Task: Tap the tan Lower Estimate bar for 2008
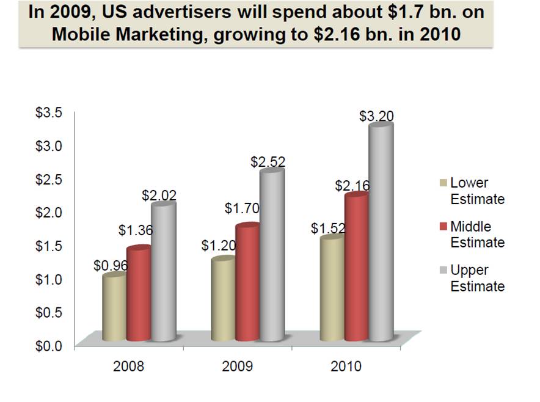click(x=114, y=309)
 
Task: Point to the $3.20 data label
click(x=376, y=116)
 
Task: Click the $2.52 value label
click(x=268, y=162)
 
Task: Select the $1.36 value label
click(x=135, y=230)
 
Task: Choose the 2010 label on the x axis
click(x=346, y=367)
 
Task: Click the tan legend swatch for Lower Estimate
click(x=443, y=183)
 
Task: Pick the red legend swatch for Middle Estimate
click(x=443, y=227)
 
